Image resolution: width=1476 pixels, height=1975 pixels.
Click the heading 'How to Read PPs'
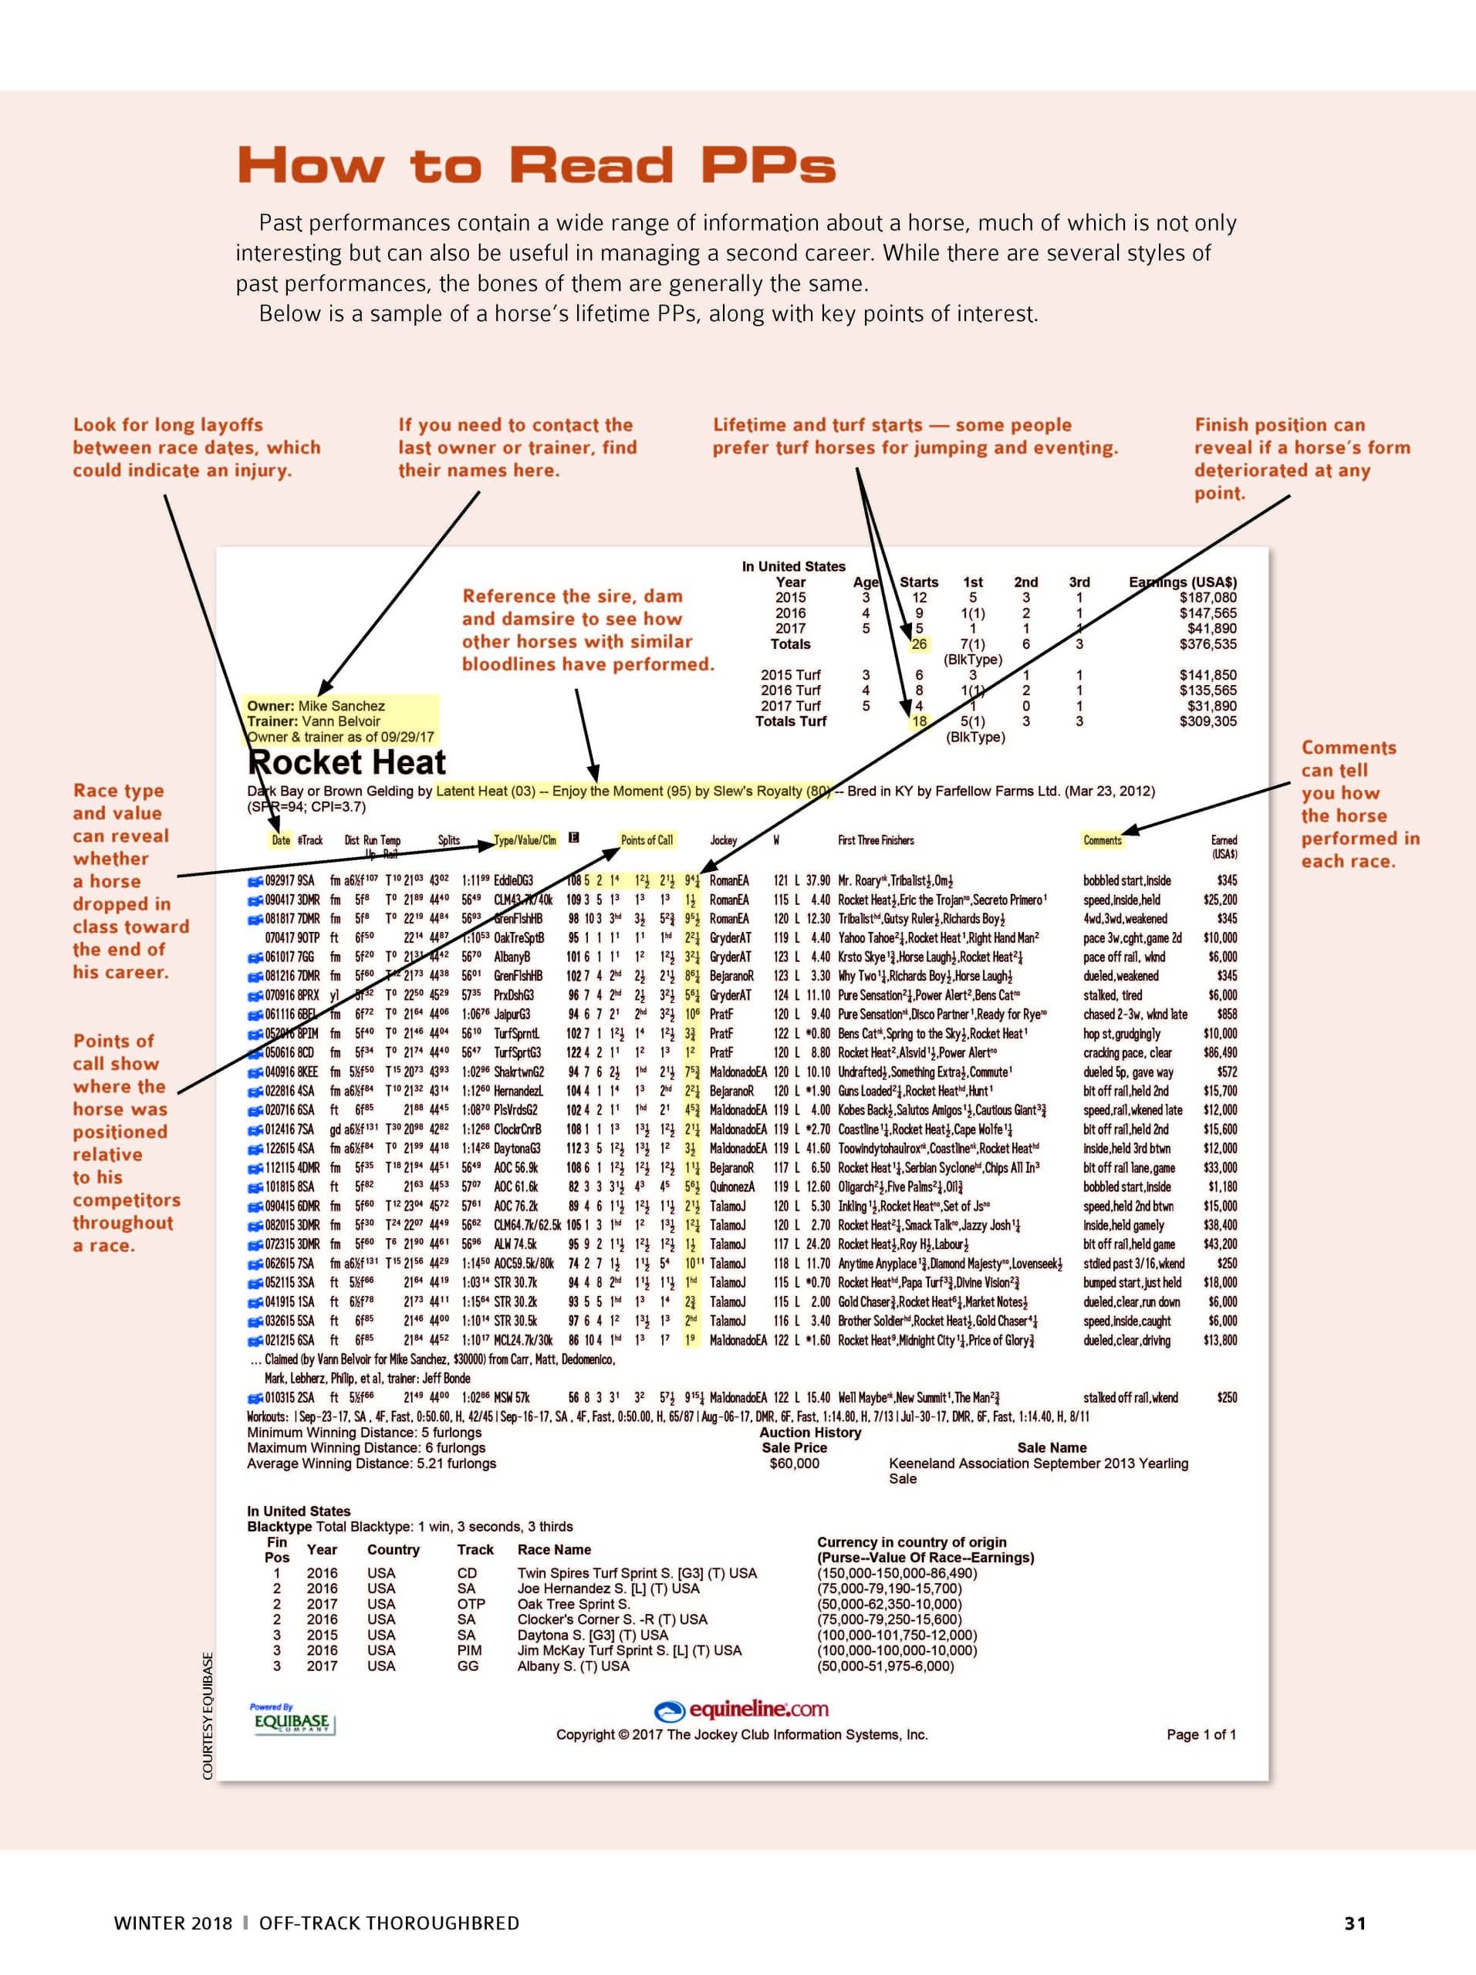535,166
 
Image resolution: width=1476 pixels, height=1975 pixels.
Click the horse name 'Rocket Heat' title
346,762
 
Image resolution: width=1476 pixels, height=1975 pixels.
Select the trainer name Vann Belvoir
340,721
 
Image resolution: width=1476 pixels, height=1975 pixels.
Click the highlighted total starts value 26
919,643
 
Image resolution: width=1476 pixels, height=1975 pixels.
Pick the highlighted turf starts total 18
919,721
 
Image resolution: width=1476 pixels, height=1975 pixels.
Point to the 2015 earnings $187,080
1207,597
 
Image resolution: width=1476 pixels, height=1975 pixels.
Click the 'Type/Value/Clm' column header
524,840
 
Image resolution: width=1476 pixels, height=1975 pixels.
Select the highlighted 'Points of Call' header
647,840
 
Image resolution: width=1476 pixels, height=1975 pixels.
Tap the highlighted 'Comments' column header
1102,840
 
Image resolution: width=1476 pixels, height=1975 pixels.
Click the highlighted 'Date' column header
280,840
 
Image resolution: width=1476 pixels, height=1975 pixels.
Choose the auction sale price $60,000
794,1463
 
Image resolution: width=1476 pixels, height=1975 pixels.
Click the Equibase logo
291,1720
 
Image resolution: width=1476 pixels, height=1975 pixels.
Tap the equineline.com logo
741,1709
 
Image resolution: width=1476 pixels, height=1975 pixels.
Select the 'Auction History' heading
810,1432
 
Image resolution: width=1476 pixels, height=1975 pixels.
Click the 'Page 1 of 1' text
1201,1734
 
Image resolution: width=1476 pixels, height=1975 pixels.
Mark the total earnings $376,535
1207,643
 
